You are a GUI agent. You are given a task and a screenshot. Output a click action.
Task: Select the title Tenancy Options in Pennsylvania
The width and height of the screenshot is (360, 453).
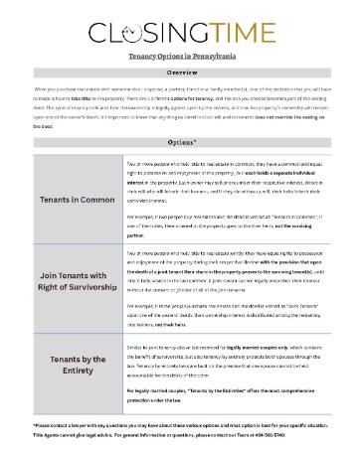coord(179,60)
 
